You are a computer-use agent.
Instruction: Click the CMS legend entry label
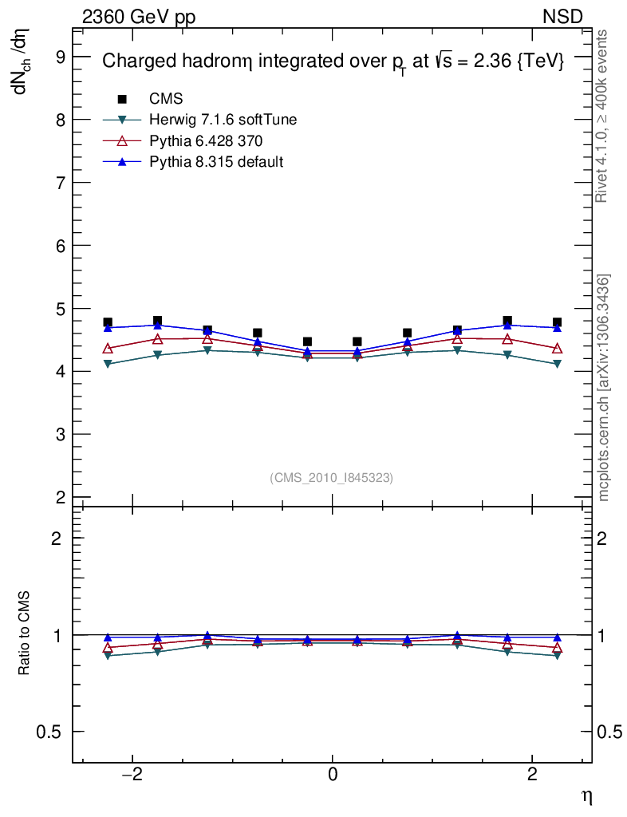point(166,99)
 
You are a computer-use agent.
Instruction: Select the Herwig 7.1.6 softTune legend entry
point(223,120)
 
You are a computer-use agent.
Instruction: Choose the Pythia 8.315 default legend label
point(217,162)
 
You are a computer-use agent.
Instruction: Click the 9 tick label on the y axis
point(59,57)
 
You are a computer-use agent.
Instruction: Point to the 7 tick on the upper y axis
point(59,183)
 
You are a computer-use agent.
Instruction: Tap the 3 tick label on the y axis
point(59,435)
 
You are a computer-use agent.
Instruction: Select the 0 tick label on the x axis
point(333,774)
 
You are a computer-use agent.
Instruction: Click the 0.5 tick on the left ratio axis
point(53,732)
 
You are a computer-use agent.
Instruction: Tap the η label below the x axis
point(586,795)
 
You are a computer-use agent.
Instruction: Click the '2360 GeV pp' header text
point(139,17)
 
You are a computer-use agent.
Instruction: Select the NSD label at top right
point(563,17)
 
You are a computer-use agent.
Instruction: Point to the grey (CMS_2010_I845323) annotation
point(332,478)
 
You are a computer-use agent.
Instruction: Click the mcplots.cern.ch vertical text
point(604,388)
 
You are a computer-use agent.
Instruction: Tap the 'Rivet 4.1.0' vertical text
point(603,116)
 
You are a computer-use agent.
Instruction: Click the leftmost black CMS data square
point(108,322)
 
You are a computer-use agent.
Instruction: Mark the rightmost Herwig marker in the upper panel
point(557,364)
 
